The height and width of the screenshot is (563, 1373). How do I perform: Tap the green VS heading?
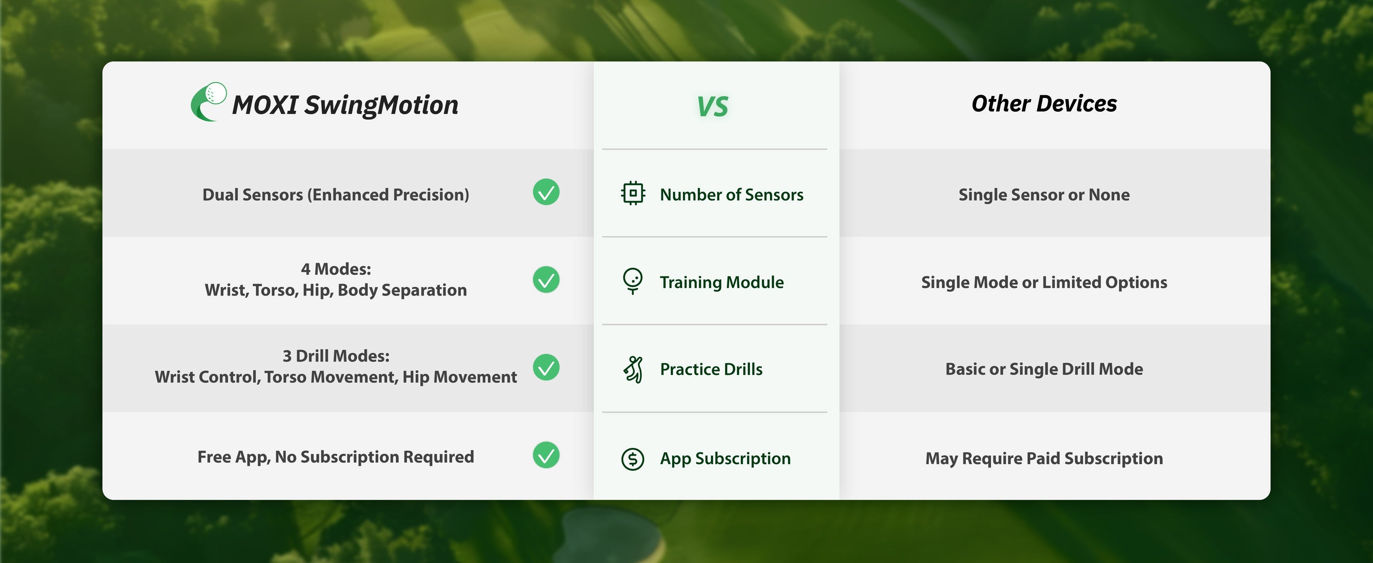coord(712,106)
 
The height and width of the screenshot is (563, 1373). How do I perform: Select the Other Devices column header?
coord(1044,103)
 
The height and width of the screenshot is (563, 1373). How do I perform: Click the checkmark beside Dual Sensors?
coord(546,192)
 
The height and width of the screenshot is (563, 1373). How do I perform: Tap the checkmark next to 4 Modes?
coord(546,280)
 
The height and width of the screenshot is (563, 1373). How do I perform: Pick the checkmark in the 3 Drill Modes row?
coord(546,367)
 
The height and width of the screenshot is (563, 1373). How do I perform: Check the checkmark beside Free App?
coord(546,455)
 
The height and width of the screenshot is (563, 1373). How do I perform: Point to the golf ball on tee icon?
coord(633,281)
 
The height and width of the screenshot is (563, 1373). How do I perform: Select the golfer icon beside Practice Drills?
coord(633,369)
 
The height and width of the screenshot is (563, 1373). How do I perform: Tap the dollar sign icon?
coord(633,459)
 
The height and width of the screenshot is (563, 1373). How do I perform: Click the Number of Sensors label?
coord(731,195)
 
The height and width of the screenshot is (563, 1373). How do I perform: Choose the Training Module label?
coord(721,282)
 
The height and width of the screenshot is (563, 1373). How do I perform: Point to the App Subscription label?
coord(725,459)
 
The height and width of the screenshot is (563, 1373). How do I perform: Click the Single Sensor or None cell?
coord(1044,195)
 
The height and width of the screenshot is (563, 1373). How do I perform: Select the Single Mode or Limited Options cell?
coord(1044,282)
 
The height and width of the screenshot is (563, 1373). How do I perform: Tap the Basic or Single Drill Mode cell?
coord(1044,369)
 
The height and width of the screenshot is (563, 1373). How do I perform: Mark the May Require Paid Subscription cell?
coord(1044,459)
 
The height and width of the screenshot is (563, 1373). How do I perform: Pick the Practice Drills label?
coord(711,369)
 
